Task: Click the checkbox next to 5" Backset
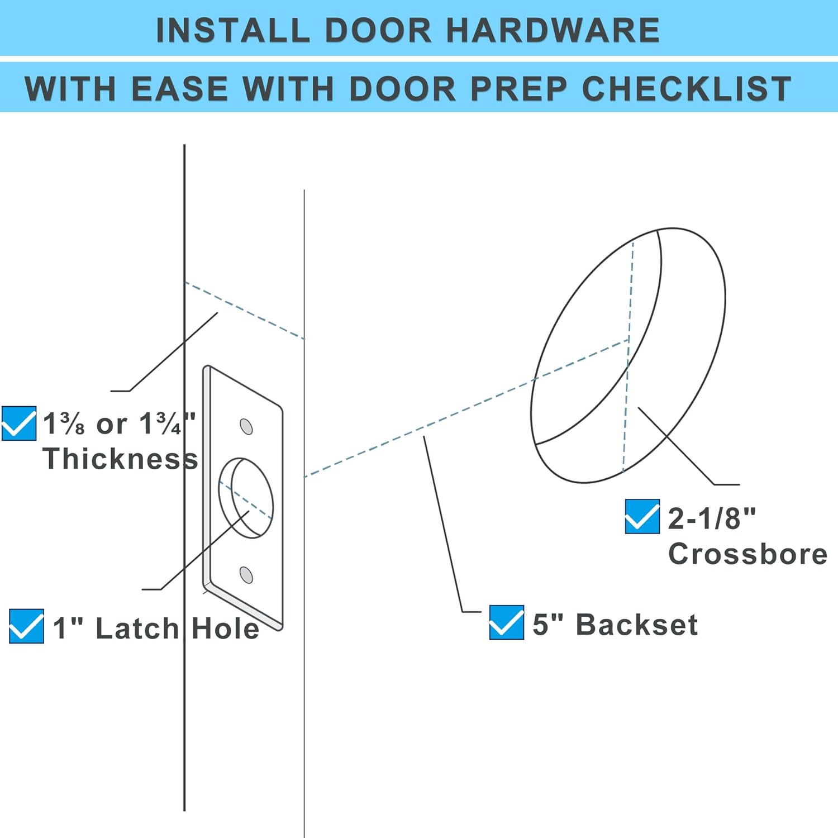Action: coord(506,622)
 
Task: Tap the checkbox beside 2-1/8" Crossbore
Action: coord(642,516)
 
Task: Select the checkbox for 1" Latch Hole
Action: coord(26,626)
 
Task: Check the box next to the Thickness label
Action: coord(18,423)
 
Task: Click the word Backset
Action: coord(636,625)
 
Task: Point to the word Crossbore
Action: coord(747,554)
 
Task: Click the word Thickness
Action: coord(120,459)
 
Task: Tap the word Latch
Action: coord(137,628)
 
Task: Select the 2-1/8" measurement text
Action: coord(711,518)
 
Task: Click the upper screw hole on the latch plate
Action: coord(246,427)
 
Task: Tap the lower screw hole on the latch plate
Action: coord(246,574)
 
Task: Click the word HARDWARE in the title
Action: coord(553,30)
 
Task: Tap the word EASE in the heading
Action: coord(180,89)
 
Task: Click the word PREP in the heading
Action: coord(518,89)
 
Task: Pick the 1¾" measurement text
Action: coord(167,424)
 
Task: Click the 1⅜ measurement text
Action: coord(64,424)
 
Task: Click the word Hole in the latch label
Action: coord(225,628)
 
